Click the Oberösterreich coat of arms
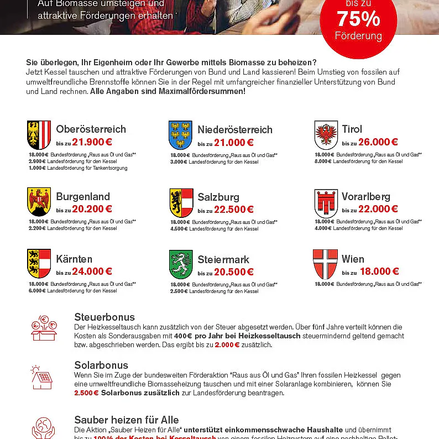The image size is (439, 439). tap(39, 135)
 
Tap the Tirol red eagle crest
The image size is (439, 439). tap(326, 135)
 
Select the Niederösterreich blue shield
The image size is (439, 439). tap(180, 135)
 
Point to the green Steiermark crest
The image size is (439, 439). tap(180, 264)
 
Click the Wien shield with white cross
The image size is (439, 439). tap(326, 264)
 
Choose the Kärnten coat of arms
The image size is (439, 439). tap(39, 264)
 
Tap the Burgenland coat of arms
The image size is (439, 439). tap(39, 202)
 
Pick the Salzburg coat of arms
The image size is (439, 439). tap(180, 202)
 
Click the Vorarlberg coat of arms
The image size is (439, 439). tap(326, 203)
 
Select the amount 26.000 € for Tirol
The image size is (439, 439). tap(378, 142)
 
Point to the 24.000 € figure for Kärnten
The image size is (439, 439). tap(92, 271)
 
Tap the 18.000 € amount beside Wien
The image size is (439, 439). tap(379, 271)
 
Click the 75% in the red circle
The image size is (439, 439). tap(358, 19)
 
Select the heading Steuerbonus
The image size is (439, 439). tap(104, 317)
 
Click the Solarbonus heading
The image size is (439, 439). tap(101, 365)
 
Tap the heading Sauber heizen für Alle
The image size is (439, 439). tap(127, 420)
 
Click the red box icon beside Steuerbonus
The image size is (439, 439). tap(43, 328)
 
